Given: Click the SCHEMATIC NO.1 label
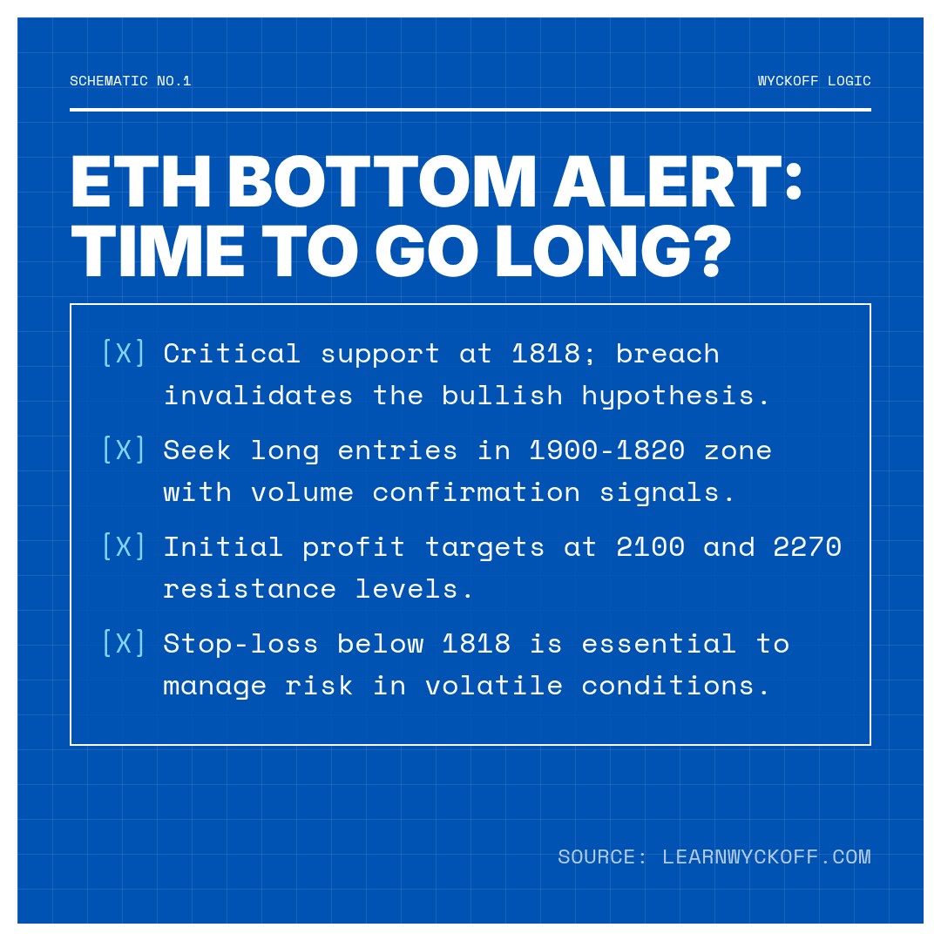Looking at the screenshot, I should pyautogui.click(x=131, y=81).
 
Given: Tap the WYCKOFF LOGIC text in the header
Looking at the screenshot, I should pyautogui.click(x=814, y=81).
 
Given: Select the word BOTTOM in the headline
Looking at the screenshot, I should pyautogui.click(x=382, y=184).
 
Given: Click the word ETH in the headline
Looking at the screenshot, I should pyautogui.click(x=140, y=184).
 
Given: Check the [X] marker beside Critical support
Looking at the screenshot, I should pyautogui.click(x=124, y=353).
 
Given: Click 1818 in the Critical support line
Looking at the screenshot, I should pyautogui.click(x=545, y=353).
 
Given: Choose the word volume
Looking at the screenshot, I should pyautogui.click(x=302, y=491).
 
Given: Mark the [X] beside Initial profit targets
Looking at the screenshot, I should pyautogui.click(x=124, y=546).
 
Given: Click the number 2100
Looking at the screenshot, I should pyautogui.click(x=650, y=546).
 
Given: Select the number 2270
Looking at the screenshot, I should pyautogui.click(x=807, y=546).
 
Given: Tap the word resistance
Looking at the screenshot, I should pyautogui.click(x=249, y=588).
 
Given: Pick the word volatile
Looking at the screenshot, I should pyautogui.click(x=493, y=685).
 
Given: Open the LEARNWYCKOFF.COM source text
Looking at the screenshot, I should pyautogui.click(x=766, y=856).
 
